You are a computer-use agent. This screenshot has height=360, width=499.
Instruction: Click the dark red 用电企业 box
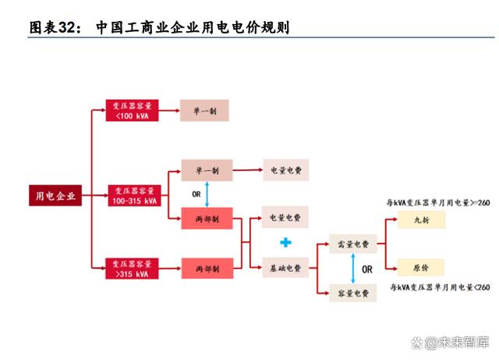(56, 196)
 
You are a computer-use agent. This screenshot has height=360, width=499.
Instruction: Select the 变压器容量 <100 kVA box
(134, 111)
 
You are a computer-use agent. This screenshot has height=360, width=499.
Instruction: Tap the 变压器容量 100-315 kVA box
(134, 196)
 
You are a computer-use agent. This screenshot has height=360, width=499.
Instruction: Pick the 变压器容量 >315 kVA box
(134, 268)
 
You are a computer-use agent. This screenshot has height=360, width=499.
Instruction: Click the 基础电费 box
(285, 268)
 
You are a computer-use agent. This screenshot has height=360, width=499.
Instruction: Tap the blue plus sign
(285, 242)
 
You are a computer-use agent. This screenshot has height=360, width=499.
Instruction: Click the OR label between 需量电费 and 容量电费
(367, 269)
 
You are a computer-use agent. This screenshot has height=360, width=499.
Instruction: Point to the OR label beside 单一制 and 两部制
(197, 194)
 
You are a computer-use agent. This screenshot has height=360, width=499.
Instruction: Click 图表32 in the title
(55, 27)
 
